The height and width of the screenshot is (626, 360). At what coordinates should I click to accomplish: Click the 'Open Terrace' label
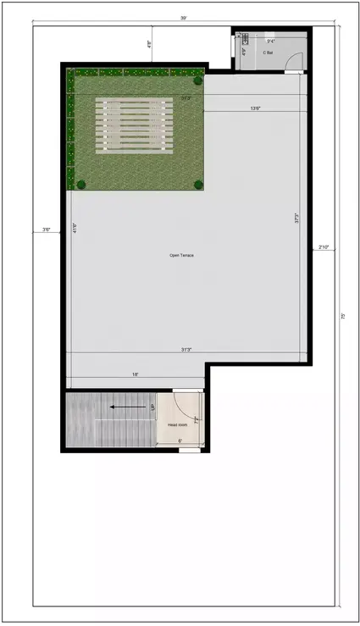[181, 255]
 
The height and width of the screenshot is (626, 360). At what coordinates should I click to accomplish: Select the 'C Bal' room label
[267, 53]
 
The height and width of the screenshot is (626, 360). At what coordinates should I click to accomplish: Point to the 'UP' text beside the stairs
[153, 407]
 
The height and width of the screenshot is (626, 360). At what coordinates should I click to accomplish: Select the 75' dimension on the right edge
[342, 315]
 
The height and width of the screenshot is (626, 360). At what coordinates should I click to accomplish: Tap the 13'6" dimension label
[254, 108]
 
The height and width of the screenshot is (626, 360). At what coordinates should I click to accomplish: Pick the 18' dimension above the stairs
[135, 374]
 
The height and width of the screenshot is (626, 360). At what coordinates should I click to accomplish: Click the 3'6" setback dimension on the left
[47, 229]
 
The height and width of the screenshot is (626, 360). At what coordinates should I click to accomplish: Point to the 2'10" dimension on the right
[323, 247]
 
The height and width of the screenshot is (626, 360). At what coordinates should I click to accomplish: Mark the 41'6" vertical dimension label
[75, 229]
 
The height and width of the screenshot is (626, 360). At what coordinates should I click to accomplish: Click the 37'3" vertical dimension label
[296, 218]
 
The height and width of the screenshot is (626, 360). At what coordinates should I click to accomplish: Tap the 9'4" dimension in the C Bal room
[271, 40]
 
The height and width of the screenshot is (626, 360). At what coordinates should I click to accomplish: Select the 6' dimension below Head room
[180, 440]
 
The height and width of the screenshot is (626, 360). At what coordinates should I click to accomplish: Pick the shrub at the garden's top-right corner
[198, 81]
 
